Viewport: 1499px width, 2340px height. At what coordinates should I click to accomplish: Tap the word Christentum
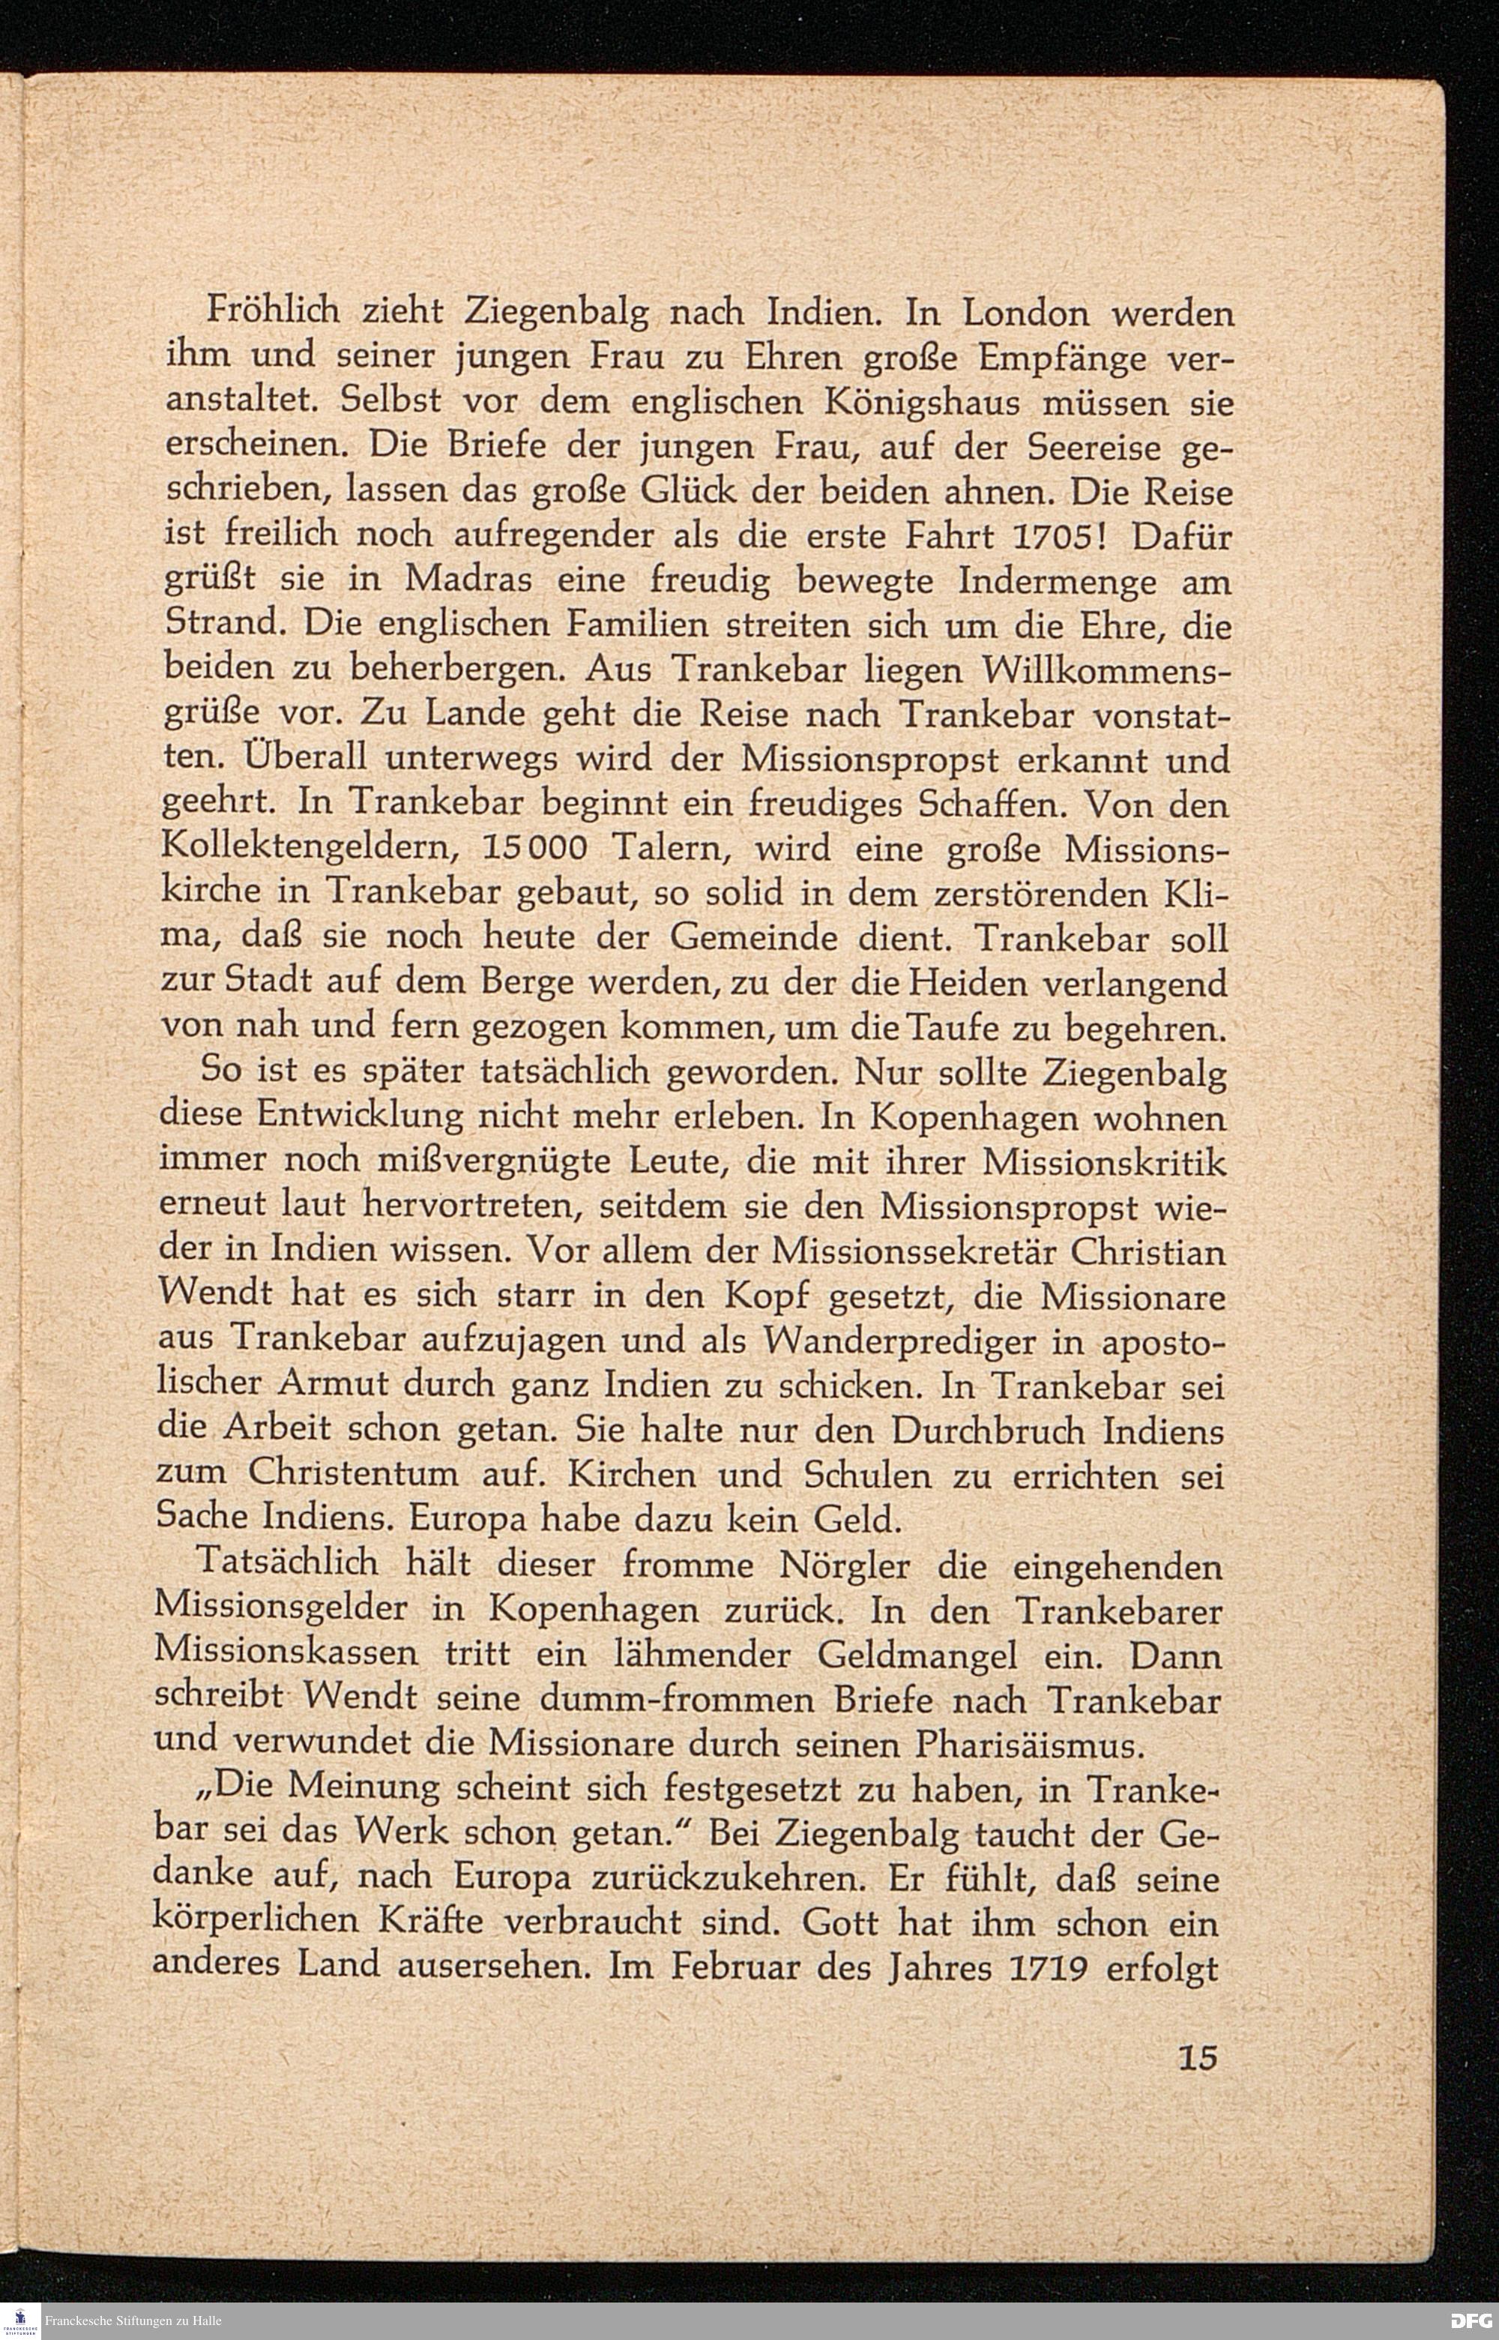[353, 1474]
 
